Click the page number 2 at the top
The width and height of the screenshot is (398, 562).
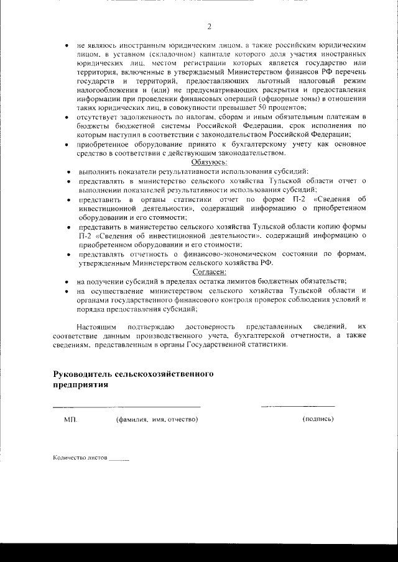(210, 26)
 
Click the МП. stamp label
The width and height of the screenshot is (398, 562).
(70, 420)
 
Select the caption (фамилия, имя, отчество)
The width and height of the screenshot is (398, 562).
(157, 420)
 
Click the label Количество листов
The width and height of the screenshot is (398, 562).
(80, 460)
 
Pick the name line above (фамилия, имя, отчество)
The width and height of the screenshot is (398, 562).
(127, 407)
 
